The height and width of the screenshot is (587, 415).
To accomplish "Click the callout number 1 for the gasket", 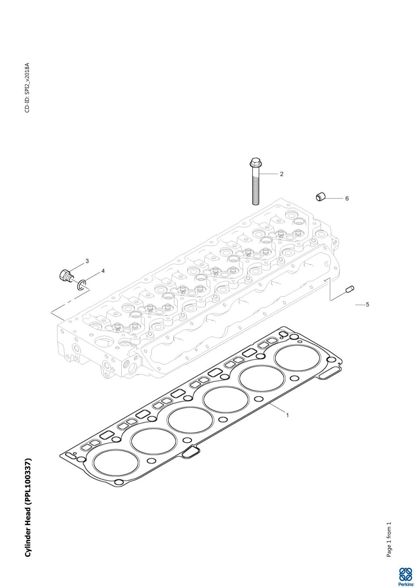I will coord(287,415).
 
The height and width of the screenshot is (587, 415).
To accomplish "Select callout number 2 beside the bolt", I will coord(282,174).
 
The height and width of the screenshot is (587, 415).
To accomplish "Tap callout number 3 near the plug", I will coord(87,261).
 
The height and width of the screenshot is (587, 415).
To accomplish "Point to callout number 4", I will coord(103,271).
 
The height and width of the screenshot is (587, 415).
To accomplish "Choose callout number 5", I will coord(368,305).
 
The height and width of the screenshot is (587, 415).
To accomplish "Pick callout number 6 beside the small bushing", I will coord(347,198).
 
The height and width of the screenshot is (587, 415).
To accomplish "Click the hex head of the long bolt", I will coord(255,163).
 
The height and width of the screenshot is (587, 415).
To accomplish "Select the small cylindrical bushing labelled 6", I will coord(320,197).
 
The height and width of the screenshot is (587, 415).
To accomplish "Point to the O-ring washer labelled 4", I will coord(82,285).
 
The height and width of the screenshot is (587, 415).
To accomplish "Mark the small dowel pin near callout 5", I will coord(349,289).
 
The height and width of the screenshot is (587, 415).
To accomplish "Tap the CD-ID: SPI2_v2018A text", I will coord(27,88).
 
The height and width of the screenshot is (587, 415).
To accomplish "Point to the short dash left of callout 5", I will coord(359,305).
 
